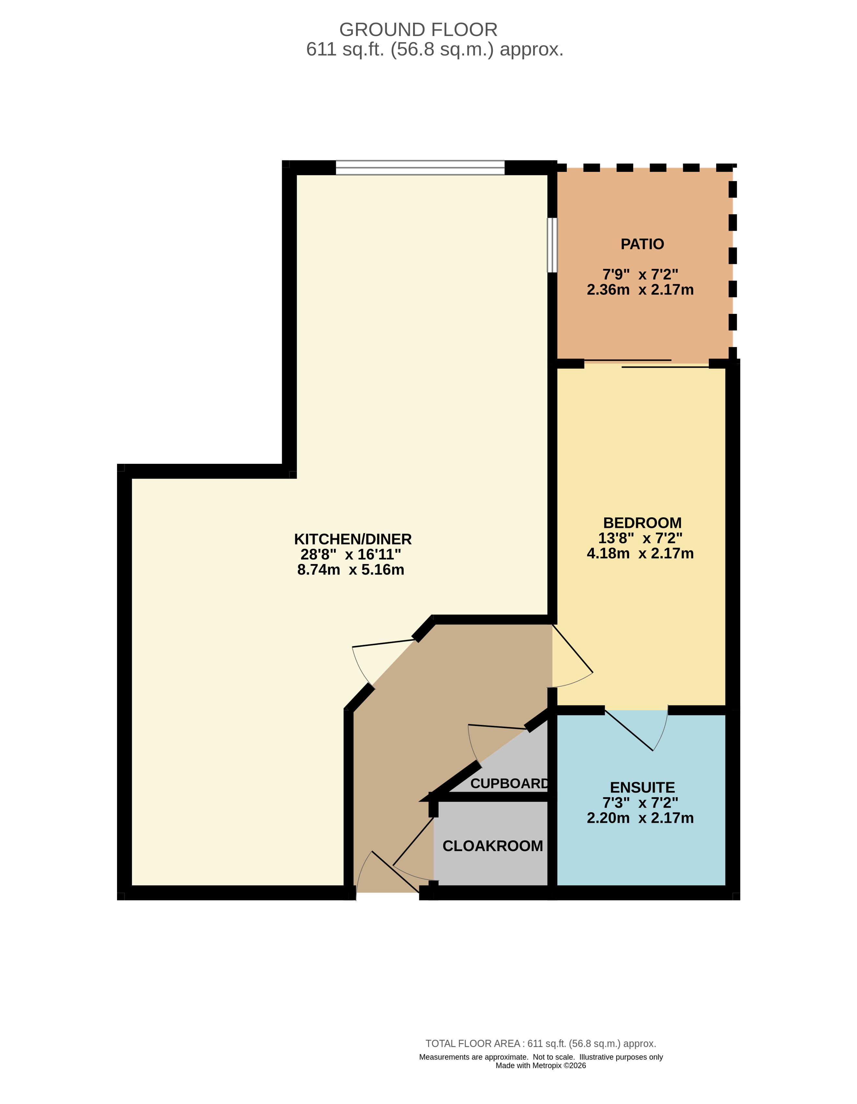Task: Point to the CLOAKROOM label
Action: pos(493,846)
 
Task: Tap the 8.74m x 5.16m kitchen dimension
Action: pos(351,570)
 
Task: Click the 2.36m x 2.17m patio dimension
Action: pos(640,290)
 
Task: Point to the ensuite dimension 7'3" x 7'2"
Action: pos(640,803)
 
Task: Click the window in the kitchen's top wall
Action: pos(420,167)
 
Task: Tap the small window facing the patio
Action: pos(552,245)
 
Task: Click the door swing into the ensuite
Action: pos(637,730)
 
